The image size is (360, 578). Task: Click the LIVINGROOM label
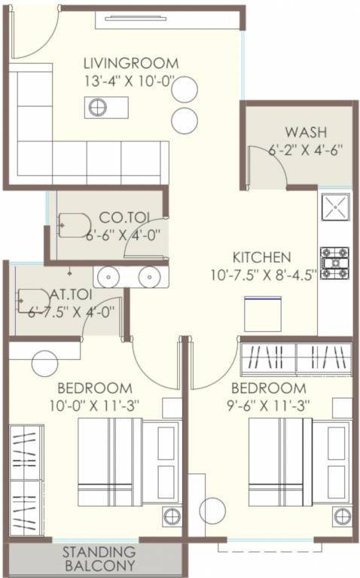131,62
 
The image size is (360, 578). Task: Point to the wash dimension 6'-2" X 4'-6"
305,149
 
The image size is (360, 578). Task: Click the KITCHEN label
261,256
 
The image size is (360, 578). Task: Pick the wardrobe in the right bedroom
295,359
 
